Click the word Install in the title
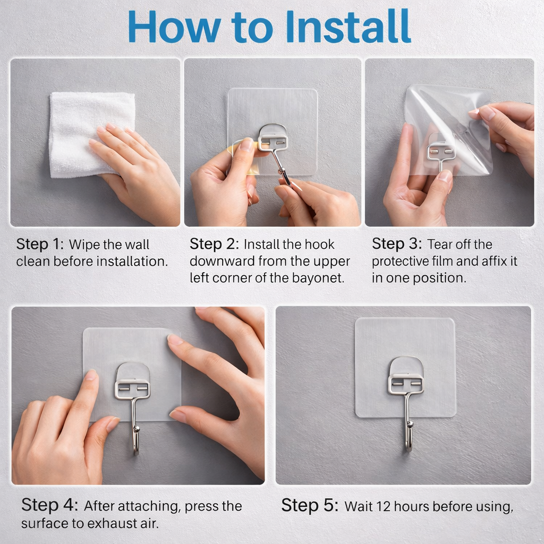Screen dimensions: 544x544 tap(348, 27)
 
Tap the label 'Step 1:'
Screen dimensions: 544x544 tap(40, 244)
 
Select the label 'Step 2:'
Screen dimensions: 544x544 tap(214, 244)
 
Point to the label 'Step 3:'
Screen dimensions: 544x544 tap(396, 244)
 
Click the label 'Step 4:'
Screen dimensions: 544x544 tap(49, 505)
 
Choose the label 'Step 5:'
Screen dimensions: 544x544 tap(310, 505)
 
